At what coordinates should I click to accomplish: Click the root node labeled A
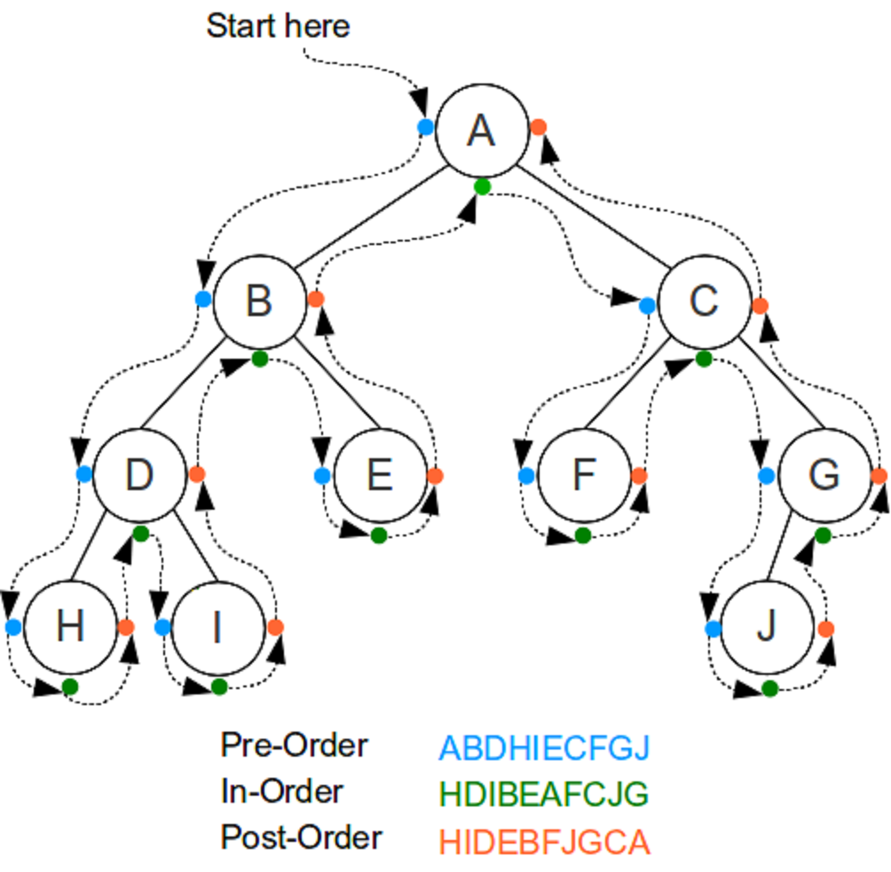[482, 131]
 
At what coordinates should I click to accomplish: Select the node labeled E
[380, 475]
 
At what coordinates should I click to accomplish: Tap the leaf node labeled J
[767, 627]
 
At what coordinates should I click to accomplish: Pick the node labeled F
[584, 475]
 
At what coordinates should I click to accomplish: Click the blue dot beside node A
[425, 126]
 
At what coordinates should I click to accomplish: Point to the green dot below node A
[482, 186]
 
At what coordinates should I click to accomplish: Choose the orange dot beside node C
[760, 305]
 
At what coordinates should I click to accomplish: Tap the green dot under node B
[259, 359]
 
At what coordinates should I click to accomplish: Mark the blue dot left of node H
[13, 627]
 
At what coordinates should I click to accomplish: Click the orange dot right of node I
[275, 627]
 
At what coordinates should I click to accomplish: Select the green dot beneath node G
[823, 535]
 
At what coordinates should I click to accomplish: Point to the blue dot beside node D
[84, 473]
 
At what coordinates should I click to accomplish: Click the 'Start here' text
[278, 26]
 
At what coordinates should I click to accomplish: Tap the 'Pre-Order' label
[295, 745]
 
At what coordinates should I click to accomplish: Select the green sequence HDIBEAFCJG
[544, 794]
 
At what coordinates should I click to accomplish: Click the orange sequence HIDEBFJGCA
[544, 842]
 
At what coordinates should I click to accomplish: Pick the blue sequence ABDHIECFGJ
[544, 748]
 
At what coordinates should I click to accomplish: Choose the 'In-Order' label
[282, 791]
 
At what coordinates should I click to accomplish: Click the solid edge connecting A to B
[371, 217]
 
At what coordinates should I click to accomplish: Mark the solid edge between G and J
[778, 547]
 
